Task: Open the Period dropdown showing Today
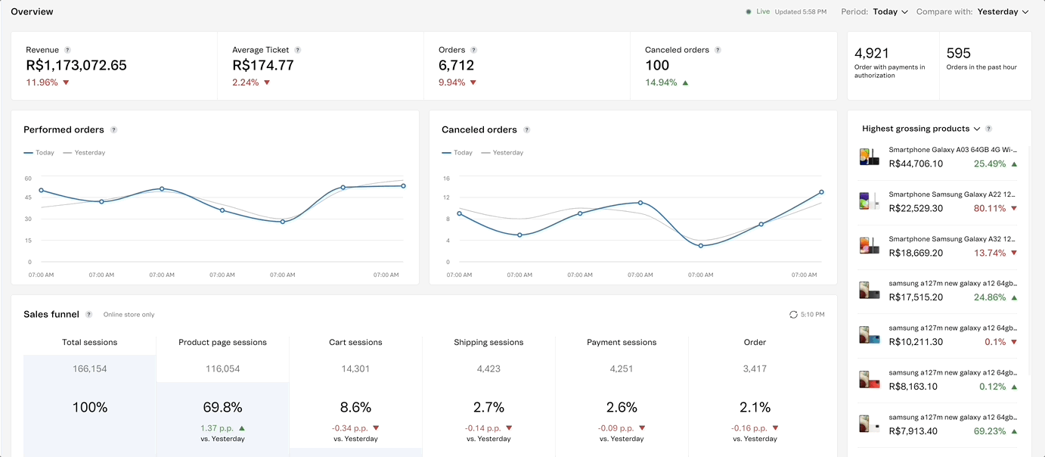point(890,12)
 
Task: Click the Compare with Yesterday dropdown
point(1003,12)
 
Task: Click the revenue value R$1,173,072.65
point(76,65)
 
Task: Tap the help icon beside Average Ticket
point(298,50)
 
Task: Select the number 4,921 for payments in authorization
point(872,53)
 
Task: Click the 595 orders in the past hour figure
point(959,53)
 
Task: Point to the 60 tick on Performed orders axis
point(28,179)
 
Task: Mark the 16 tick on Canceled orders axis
point(446,179)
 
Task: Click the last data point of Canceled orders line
point(821,192)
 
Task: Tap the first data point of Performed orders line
point(41,191)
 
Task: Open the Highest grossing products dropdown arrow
point(977,129)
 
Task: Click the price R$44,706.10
point(916,163)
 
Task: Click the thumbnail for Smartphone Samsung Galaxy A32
point(869,245)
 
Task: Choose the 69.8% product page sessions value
point(222,407)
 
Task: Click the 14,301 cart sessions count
point(355,369)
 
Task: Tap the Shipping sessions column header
point(488,342)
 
